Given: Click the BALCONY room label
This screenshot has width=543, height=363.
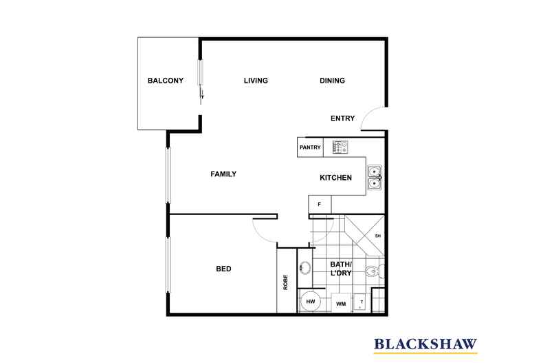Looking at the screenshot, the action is [x=166, y=81].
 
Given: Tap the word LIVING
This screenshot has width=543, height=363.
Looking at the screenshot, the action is [x=256, y=81].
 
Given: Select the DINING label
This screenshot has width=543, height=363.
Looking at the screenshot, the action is [x=332, y=81].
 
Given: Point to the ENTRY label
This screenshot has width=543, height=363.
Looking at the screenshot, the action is [x=342, y=118].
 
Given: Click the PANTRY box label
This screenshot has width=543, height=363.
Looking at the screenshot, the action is [x=310, y=147].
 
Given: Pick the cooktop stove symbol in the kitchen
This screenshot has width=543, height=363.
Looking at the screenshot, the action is [x=340, y=147].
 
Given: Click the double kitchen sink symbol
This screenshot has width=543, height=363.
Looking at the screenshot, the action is [x=375, y=177].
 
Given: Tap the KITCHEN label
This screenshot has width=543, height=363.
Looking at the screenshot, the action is [x=335, y=178].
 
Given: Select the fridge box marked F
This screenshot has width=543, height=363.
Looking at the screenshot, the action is [x=320, y=204].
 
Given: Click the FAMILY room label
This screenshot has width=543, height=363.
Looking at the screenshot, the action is [x=223, y=174].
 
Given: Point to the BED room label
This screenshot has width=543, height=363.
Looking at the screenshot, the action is [x=223, y=269].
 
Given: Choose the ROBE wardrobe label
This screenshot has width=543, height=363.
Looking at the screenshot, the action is [x=285, y=282].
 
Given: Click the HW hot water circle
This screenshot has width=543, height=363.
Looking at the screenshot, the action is [x=310, y=302].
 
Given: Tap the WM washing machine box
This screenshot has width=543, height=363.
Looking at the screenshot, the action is [x=341, y=303].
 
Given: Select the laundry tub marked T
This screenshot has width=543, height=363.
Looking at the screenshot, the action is [x=359, y=303].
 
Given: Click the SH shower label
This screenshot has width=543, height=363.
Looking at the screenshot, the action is [x=378, y=236].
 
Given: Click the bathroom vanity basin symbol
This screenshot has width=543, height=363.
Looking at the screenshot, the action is [x=305, y=268].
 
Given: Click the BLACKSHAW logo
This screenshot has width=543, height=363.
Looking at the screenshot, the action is [x=425, y=344].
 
